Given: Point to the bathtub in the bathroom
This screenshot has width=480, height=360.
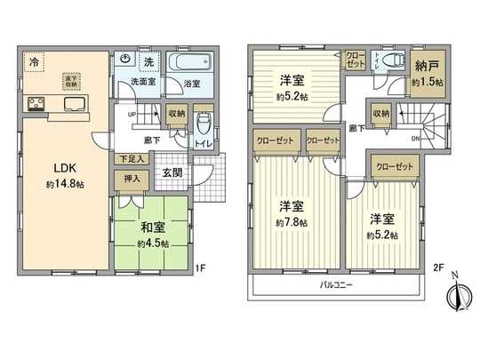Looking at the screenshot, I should coord(191,64).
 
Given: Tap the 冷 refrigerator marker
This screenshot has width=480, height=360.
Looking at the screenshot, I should coord(34,64).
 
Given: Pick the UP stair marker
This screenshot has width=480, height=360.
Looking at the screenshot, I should coord(132,115).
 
